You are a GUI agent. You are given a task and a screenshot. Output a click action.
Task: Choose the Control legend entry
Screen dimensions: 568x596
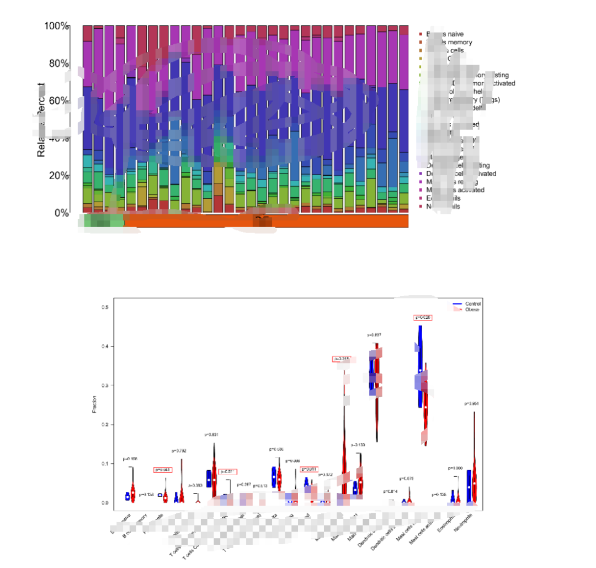click(472, 304)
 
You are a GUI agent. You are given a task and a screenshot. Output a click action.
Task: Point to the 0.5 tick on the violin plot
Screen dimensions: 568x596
click(104, 307)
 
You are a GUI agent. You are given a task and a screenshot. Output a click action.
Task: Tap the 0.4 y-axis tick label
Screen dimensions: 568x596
click(104, 346)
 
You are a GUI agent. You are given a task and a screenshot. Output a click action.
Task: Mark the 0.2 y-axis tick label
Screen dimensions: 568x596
click(104, 424)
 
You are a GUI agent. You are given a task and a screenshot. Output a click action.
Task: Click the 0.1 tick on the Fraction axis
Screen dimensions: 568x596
click(104, 464)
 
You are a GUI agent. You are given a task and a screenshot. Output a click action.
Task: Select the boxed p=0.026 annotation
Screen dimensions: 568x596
click(423, 317)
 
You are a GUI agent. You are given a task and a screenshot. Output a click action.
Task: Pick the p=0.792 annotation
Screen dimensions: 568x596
click(179, 451)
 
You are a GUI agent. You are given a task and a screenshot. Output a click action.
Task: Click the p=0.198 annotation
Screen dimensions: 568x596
click(130, 459)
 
